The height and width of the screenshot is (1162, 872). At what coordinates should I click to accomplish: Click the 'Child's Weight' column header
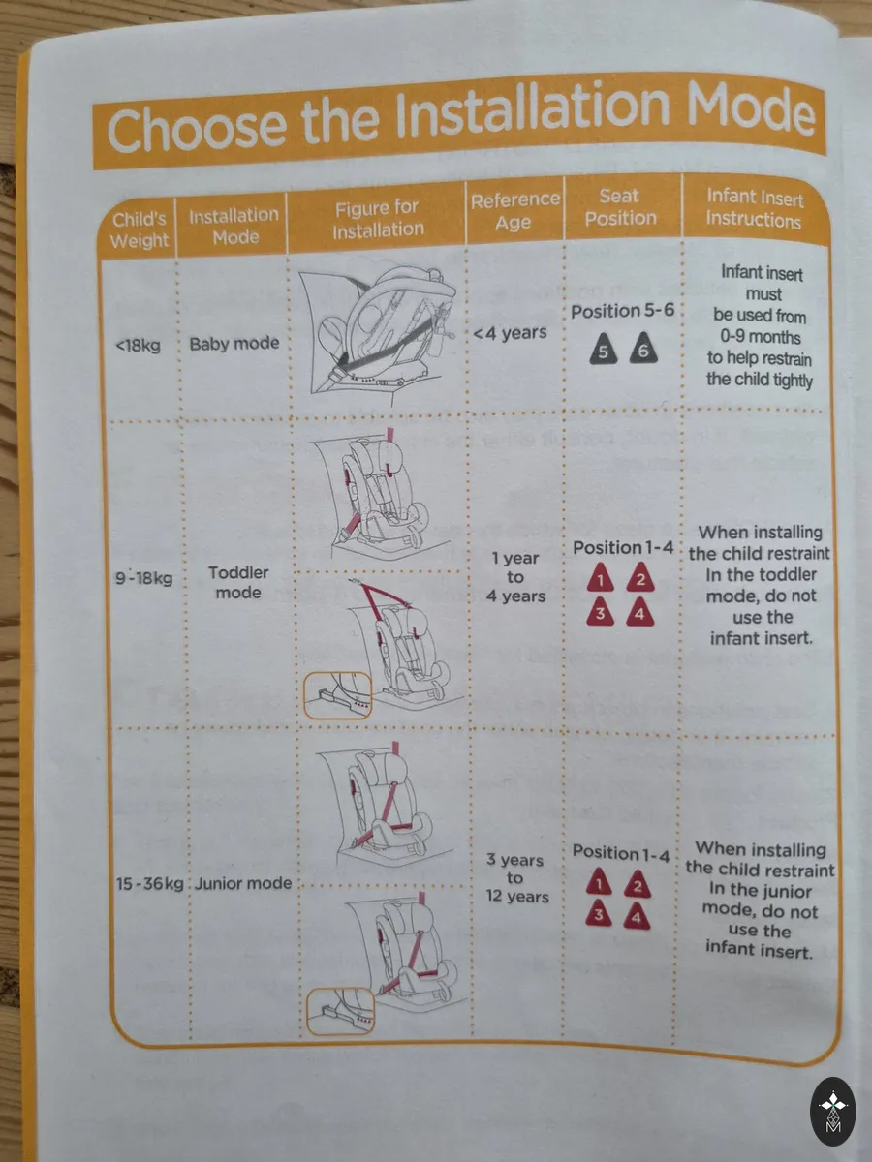click(140, 229)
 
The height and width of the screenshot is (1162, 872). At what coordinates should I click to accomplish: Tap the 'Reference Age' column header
click(514, 211)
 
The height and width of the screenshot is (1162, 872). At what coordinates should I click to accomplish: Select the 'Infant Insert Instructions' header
click(754, 208)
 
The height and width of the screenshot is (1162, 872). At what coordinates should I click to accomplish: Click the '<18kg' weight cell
click(138, 345)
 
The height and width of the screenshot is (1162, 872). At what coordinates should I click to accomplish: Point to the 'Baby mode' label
click(234, 344)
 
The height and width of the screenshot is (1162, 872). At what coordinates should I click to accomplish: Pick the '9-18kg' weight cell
click(144, 577)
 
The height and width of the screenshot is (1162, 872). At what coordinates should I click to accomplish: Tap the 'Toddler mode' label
click(237, 582)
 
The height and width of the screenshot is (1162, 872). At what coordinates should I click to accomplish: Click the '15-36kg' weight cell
click(150, 883)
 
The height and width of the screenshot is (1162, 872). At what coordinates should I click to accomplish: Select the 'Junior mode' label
click(243, 883)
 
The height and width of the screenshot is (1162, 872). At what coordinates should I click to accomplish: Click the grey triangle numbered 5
click(603, 349)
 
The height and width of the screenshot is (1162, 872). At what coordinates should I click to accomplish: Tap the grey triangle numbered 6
click(643, 348)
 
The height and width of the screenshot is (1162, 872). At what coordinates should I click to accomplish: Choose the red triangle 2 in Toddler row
click(640, 577)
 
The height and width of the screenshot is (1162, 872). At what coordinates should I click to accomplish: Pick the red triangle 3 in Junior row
click(599, 914)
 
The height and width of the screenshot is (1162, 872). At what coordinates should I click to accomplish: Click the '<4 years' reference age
click(510, 333)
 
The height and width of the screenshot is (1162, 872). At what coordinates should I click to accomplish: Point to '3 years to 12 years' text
click(515, 878)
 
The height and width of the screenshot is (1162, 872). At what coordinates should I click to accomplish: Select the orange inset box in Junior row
click(340, 1012)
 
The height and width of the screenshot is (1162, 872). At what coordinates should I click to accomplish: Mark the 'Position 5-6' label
click(622, 311)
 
